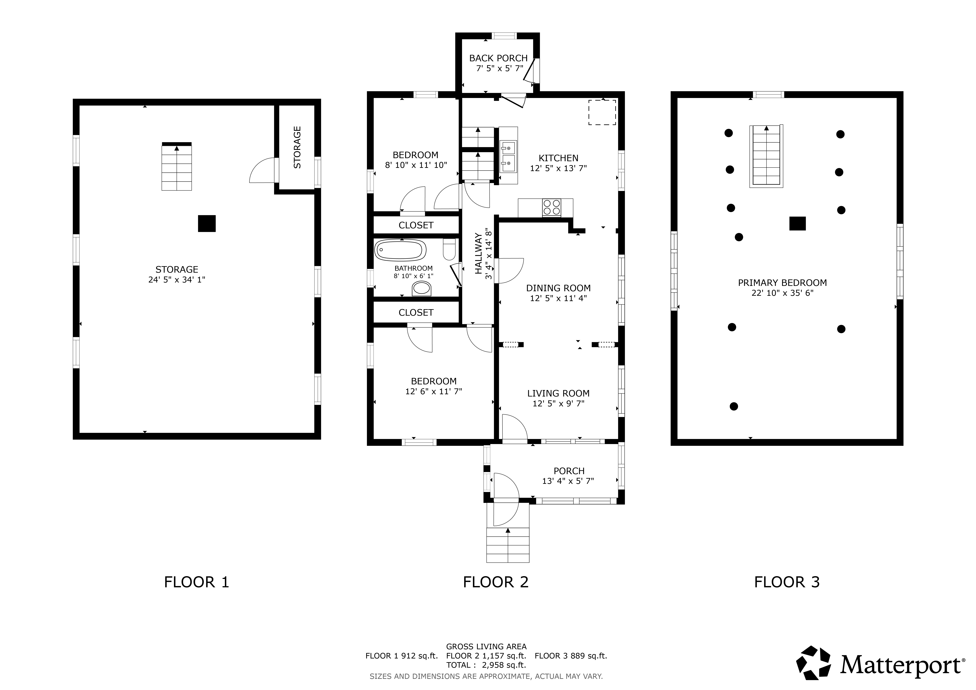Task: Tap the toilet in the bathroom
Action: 449,249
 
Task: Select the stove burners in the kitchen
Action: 551,208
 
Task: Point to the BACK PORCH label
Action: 498,58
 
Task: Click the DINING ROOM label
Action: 558,288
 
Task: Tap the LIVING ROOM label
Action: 558,393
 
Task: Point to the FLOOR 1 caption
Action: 196,582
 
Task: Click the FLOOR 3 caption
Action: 786,582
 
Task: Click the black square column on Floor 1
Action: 207,223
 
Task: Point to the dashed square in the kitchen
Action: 602,113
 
